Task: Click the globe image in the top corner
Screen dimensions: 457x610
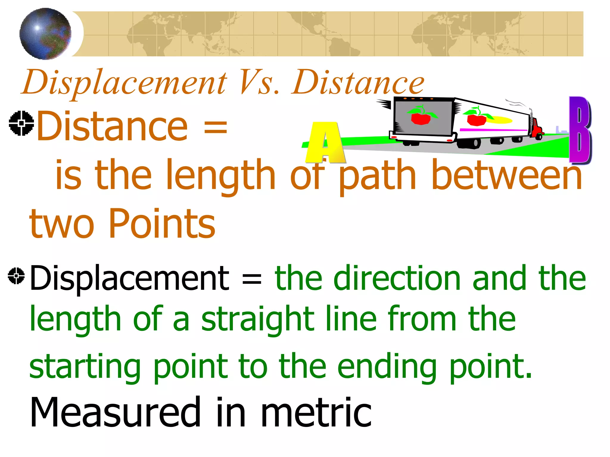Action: [x=45, y=34]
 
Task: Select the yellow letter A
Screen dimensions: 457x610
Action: [x=325, y=143]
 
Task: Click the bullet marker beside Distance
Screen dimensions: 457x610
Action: [x=21, y=123]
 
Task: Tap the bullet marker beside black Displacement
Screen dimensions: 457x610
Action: [x=16, y=276]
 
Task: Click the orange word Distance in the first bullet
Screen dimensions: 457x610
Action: [x=112, y=126]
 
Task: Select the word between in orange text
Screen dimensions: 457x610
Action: [x=506, y=176]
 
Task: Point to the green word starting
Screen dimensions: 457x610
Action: [x=85, y=367]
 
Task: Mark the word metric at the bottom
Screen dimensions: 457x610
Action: [x=316, y=413]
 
